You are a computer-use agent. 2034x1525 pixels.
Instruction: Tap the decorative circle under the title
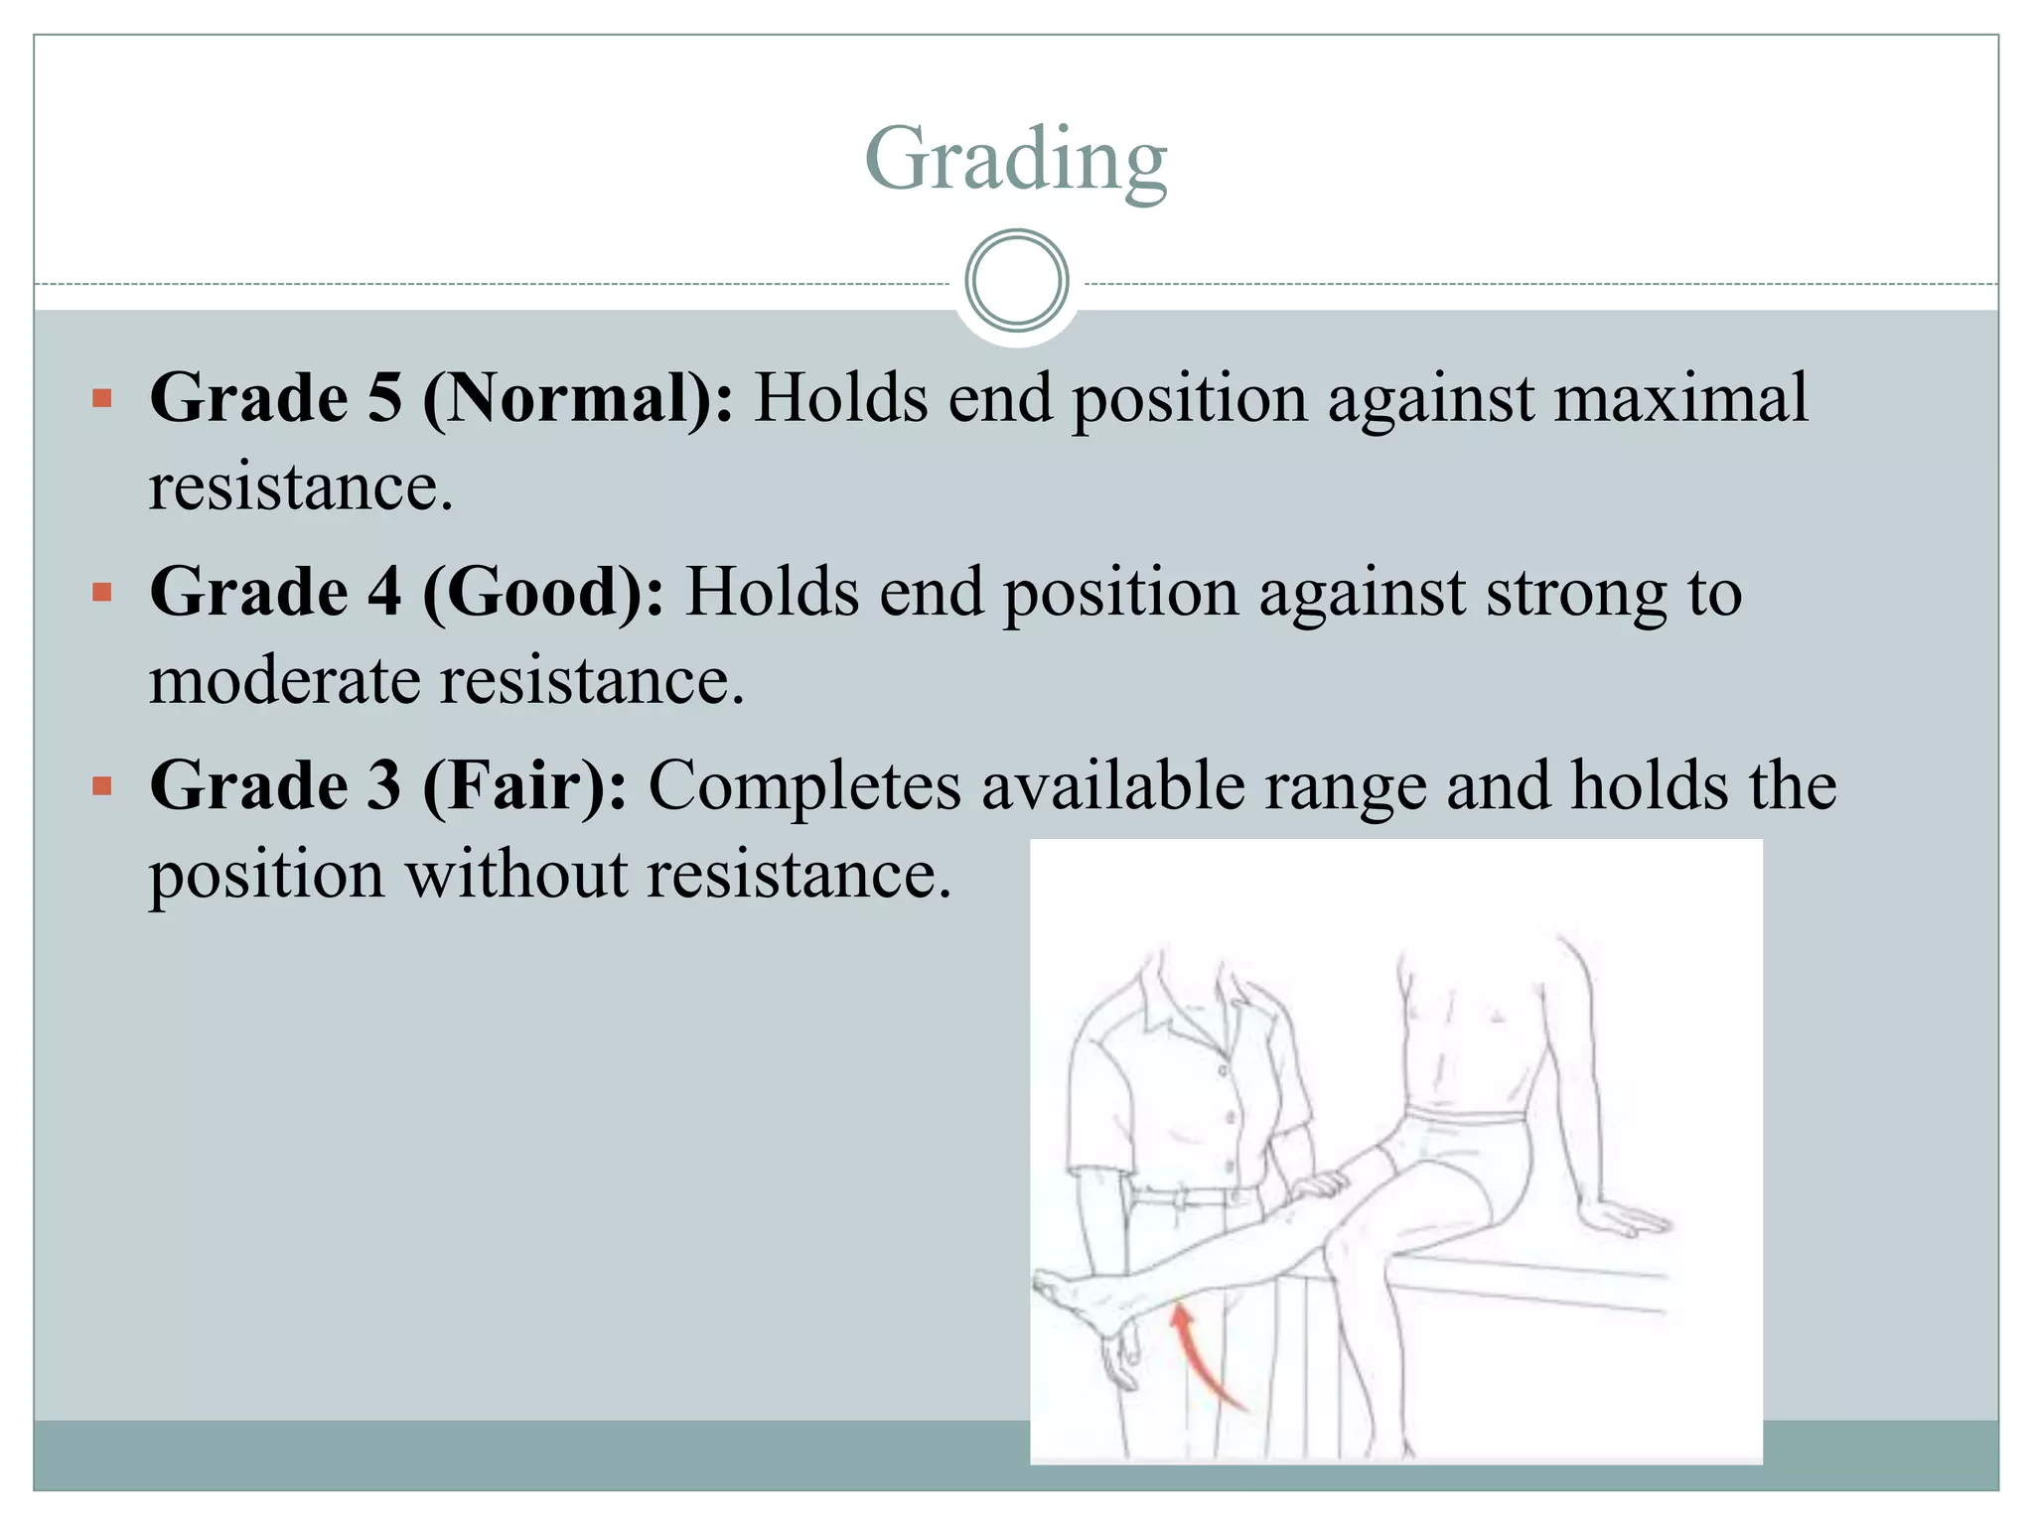(1016, 281)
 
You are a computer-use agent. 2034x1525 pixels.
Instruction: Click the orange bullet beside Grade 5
(101, 399)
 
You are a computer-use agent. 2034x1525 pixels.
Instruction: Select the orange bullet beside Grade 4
(101, 593)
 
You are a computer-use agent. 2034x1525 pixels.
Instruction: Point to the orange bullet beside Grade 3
(101, 786)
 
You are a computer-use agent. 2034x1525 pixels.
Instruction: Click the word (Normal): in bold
(578, 399)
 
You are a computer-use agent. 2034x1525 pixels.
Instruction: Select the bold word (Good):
(543, 593)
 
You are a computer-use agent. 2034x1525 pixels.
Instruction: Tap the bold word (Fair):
(524, 786)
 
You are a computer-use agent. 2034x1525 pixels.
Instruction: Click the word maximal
(1680, 399)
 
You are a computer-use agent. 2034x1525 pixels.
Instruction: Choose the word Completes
(804, 786)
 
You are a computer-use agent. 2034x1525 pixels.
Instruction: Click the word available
(1112, 786)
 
